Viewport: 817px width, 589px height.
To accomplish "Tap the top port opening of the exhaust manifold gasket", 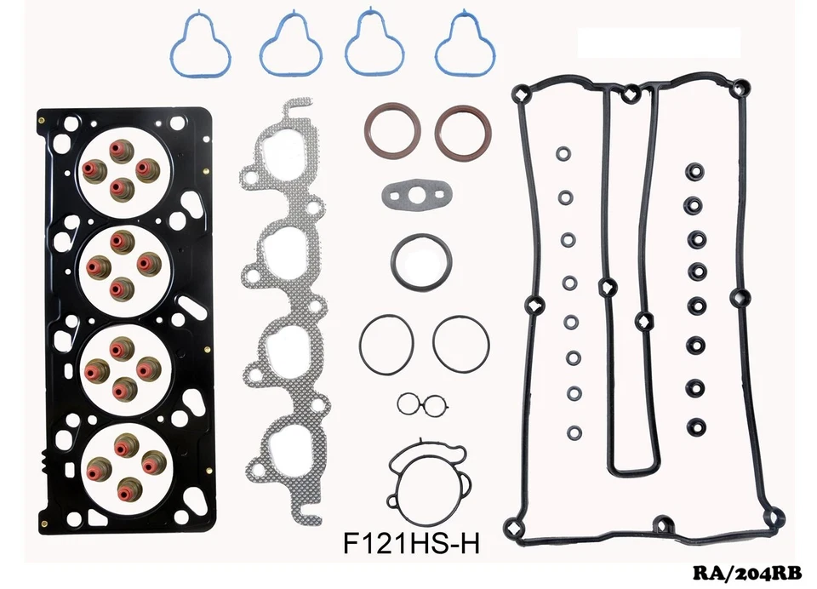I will click(x=280, y=162).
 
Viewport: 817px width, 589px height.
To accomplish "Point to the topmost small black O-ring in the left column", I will click(x=563, y=155).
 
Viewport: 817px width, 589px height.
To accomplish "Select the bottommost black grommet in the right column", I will click(x=697, y=426).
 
